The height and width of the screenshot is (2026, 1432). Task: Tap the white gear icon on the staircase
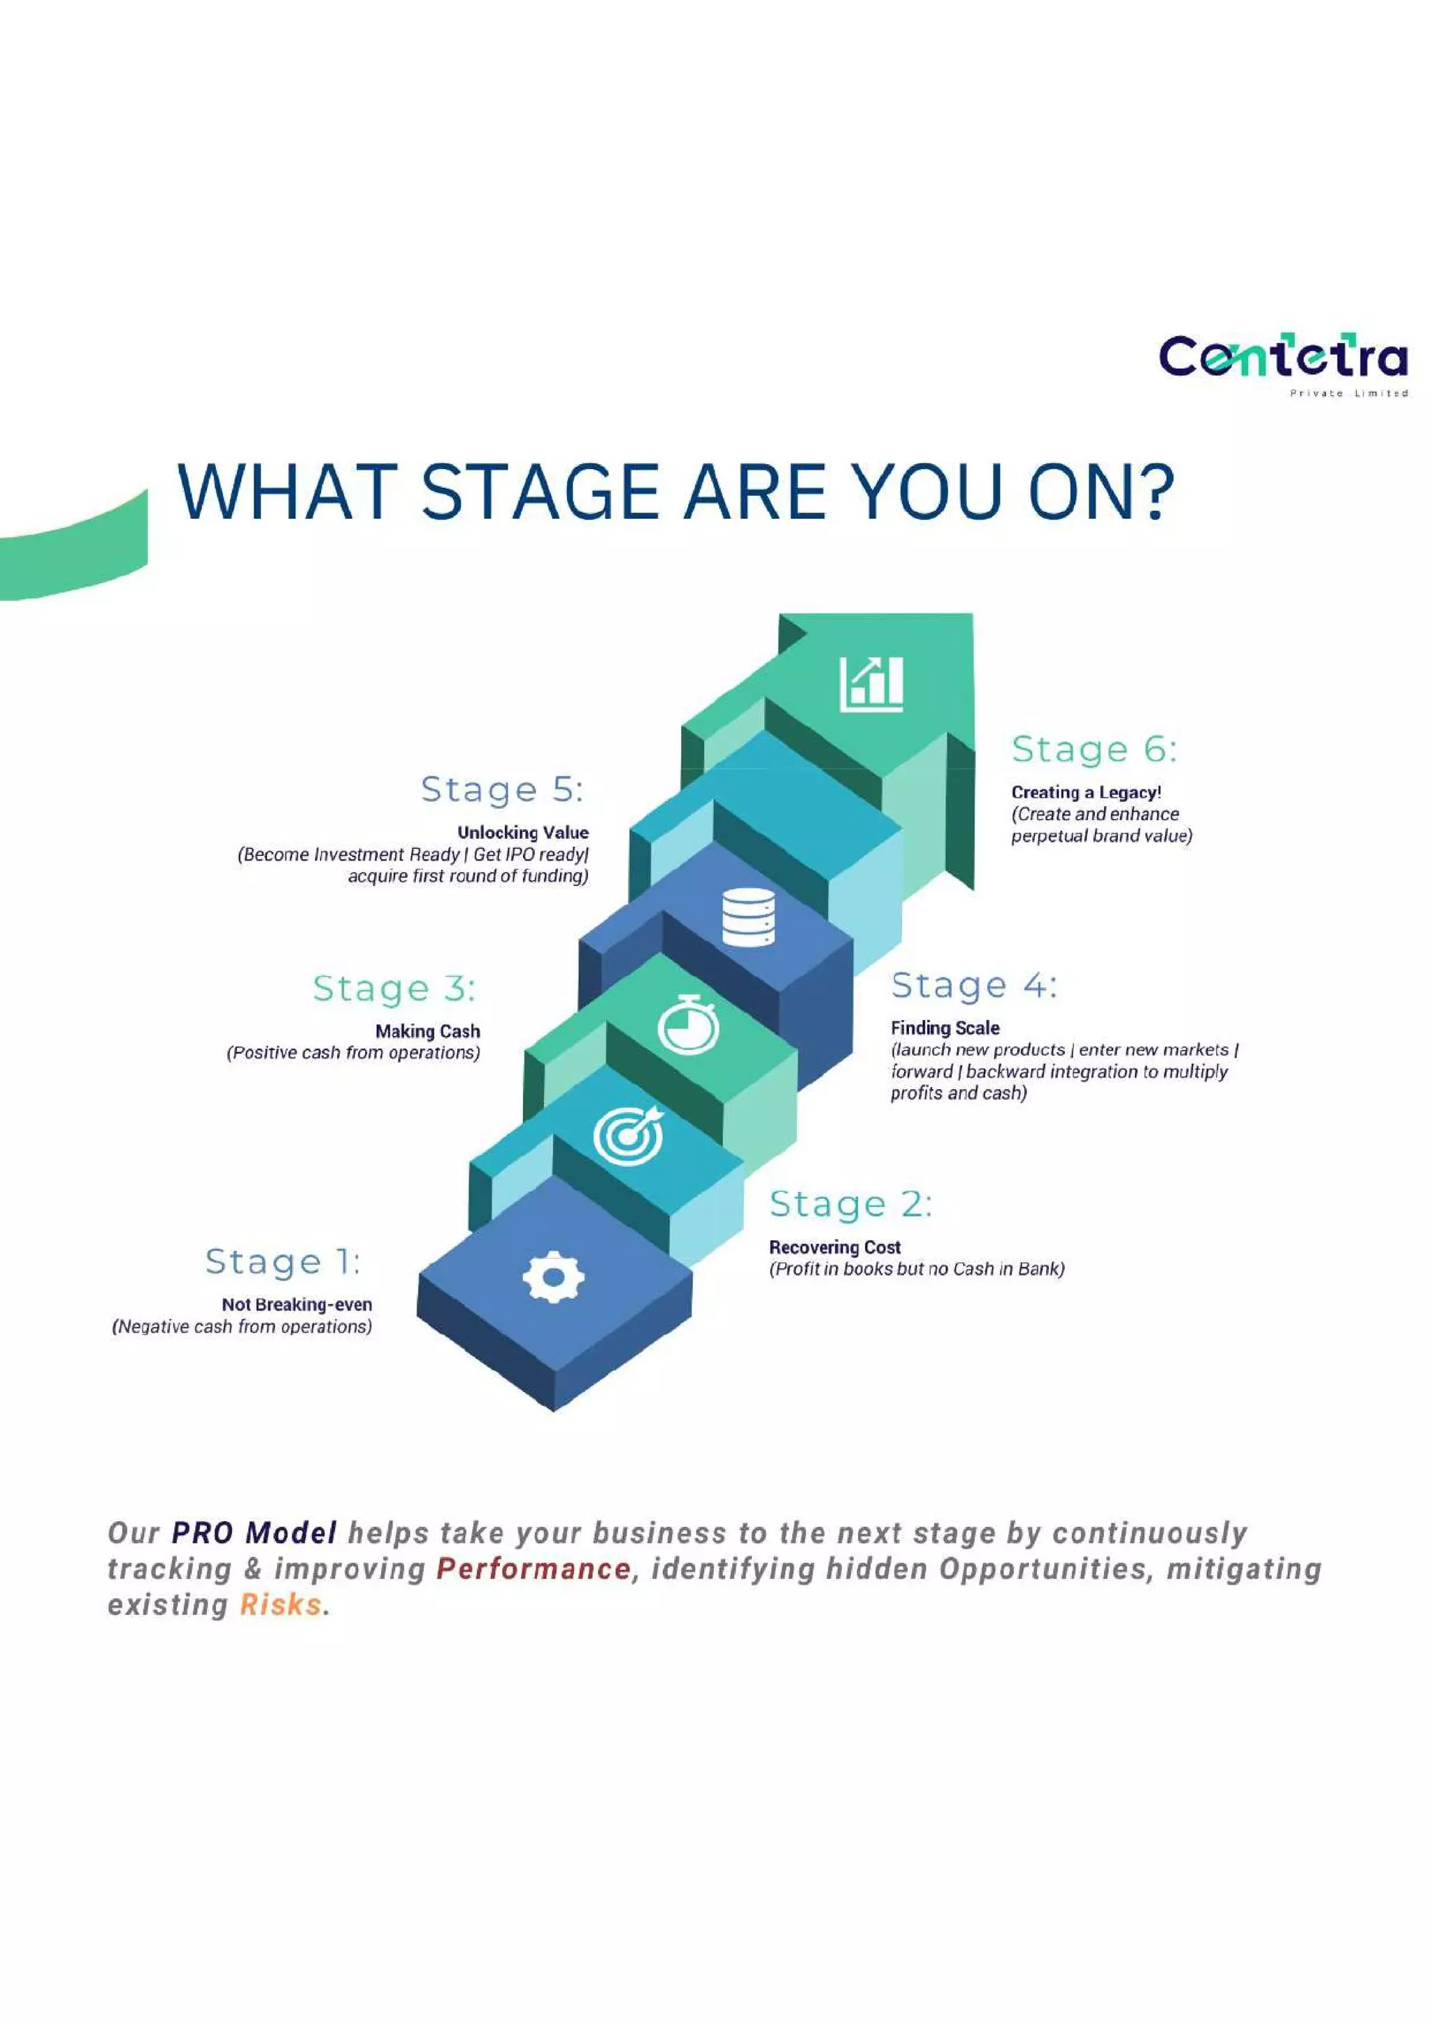click(552, 1276)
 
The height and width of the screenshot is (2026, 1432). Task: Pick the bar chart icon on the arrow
click(871, 684)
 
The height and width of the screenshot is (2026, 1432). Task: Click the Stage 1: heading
click(282, 1261)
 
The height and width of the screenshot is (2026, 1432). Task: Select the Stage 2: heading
click(850, 1204)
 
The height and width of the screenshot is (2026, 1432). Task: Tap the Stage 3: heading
click(394, 989)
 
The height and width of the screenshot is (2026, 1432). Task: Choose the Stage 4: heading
click(973, 985)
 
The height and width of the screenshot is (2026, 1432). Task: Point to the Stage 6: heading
click(1093, 749)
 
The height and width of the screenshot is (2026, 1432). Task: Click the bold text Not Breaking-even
click(296, 1305)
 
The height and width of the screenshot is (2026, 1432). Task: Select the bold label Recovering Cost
click(835, 1247)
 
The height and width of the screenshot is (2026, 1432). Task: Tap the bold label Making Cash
click(428, 1030)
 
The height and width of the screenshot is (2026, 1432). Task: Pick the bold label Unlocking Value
click(522, 832)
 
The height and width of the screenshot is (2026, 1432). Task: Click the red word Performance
click(534, 1569)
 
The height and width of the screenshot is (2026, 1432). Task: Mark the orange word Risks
click(280, 1604)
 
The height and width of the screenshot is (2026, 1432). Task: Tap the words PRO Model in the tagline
click(254, 1532)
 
